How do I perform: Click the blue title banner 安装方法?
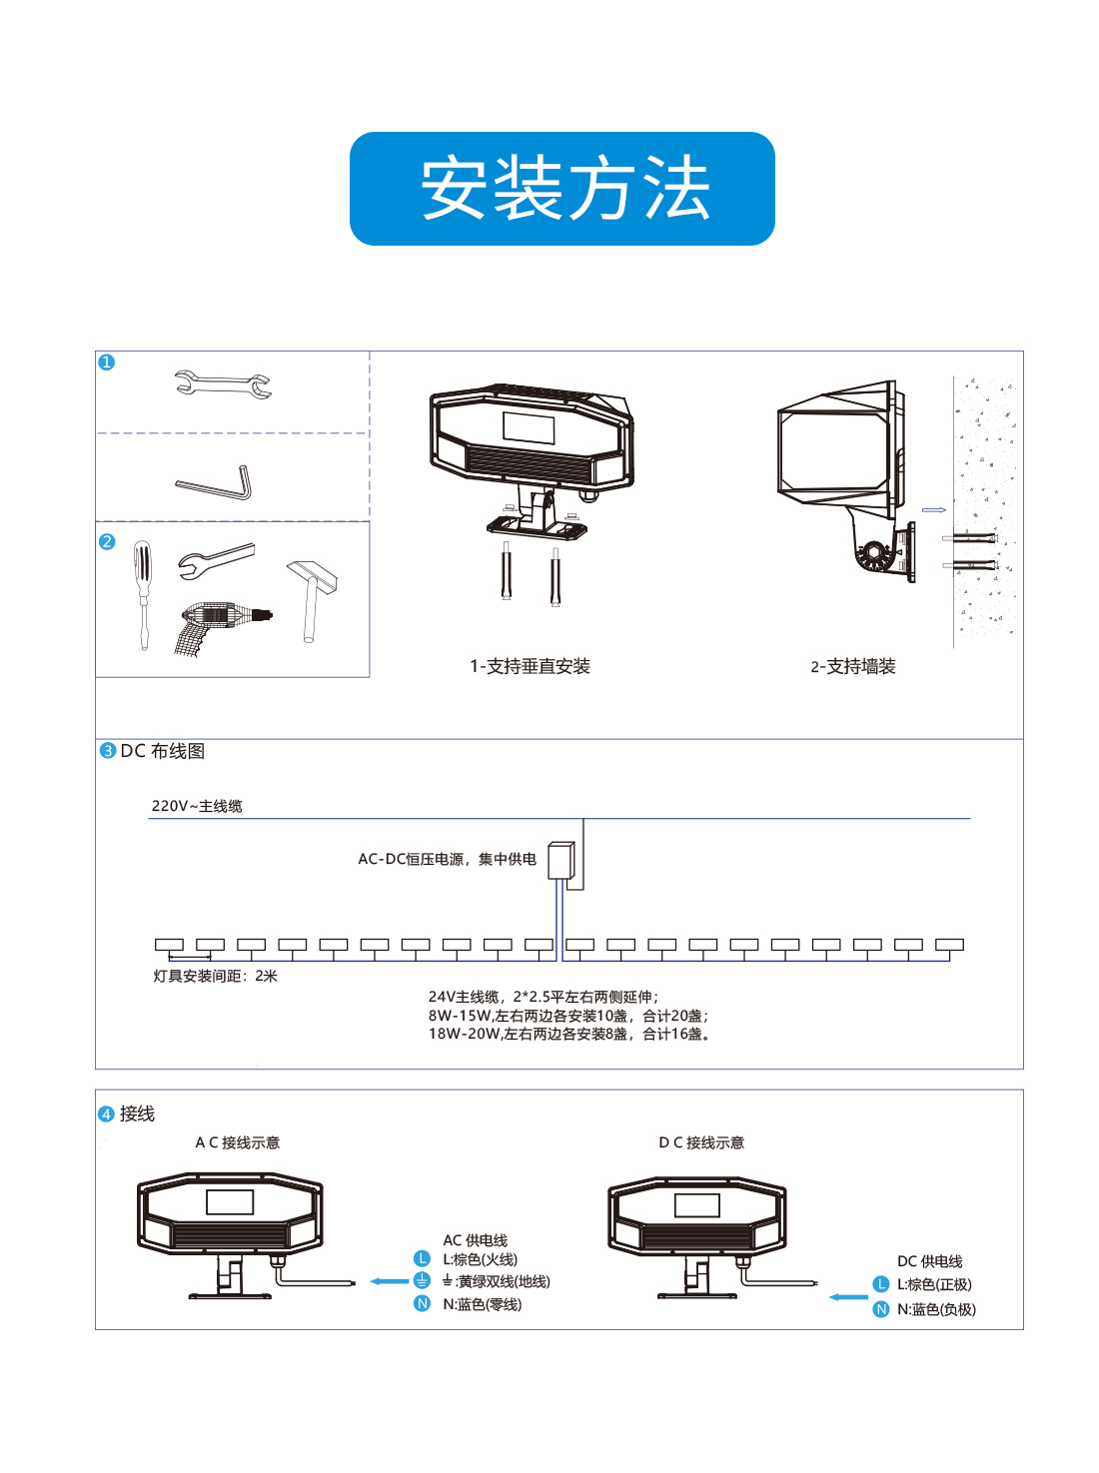(561, 188)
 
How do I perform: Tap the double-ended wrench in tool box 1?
(222, 383)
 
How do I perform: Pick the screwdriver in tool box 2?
(142, 594)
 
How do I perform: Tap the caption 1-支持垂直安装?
(530, 666)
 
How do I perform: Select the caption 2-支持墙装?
(852, 666)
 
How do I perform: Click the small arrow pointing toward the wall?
(933, 510)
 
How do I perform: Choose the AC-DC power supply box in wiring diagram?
(560, 860)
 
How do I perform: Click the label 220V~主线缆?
(197, 805)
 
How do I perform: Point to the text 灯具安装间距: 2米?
(215, 975)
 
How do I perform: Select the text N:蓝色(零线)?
(482, 1303)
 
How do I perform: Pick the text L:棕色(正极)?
(934, 1284)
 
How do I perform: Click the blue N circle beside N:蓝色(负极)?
(880, 1308)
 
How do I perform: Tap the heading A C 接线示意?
(237, 1141)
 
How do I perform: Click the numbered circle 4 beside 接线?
(106, 1113)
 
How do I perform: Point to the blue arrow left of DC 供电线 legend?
(848, 1296)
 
